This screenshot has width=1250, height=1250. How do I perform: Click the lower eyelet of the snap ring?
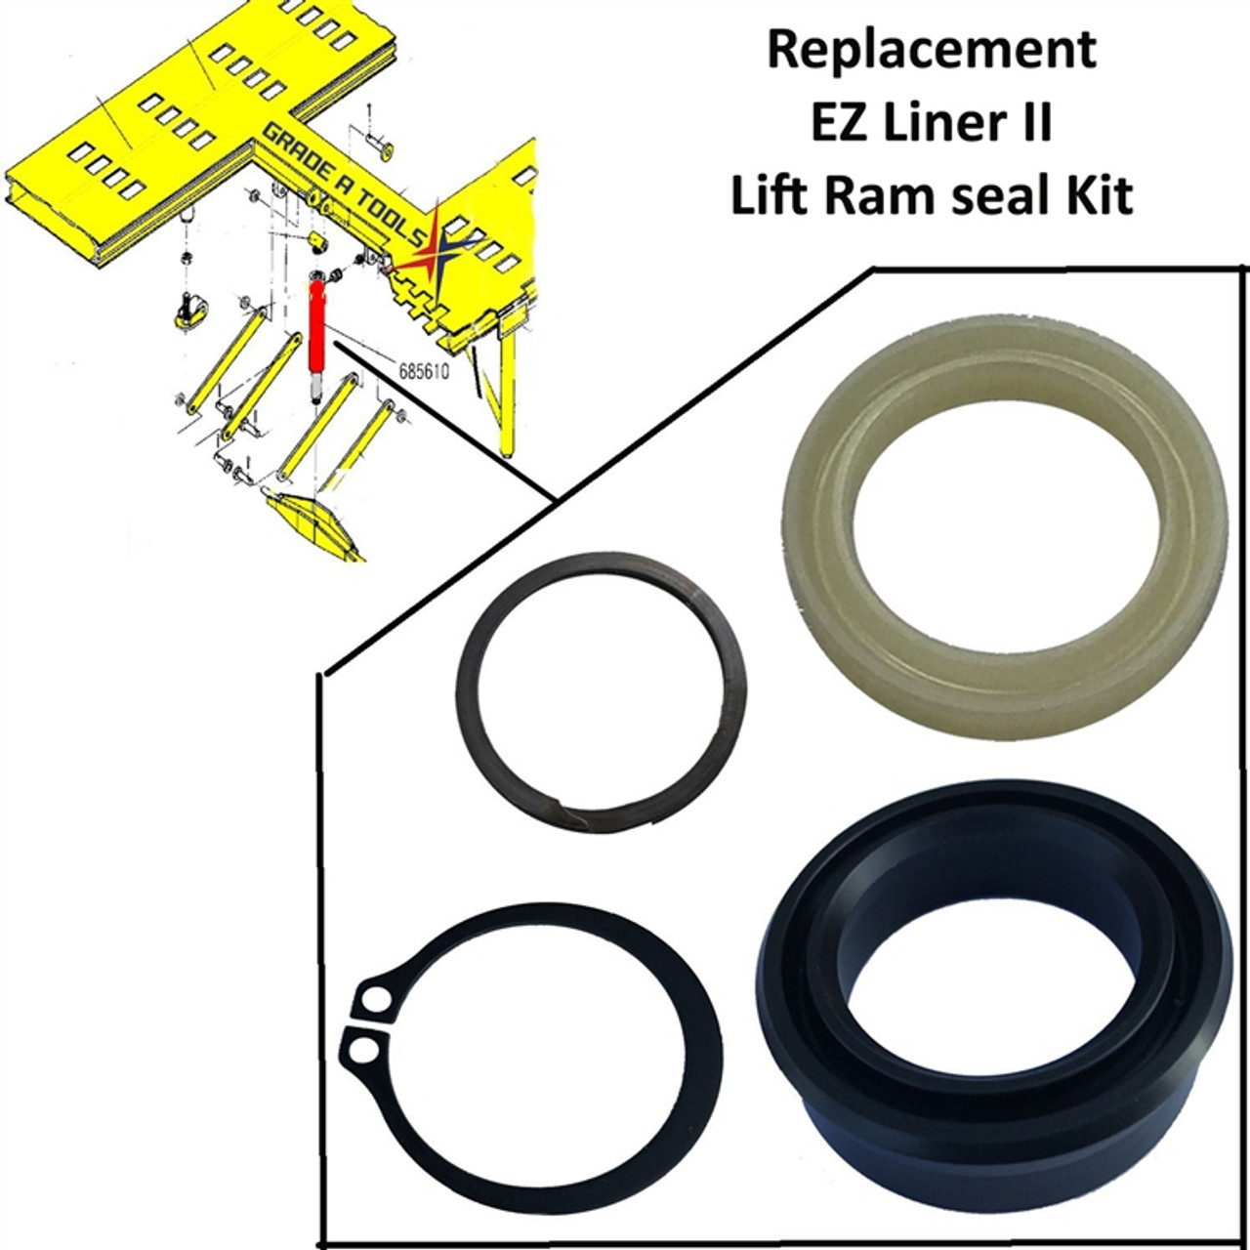coord(362,1049)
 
